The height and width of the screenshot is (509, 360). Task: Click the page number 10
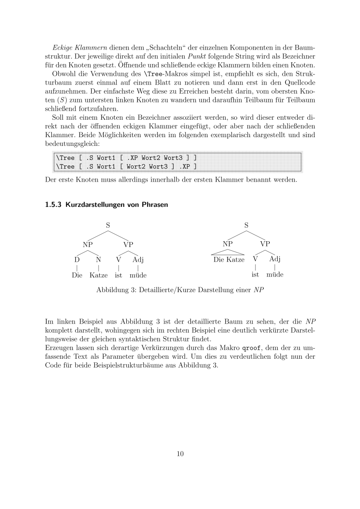pos(180,454)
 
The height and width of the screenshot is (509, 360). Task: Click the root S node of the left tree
pos(108,226)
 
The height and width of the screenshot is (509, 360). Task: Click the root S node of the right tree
pos(246,226)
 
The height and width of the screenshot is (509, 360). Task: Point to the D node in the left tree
pos(77,260)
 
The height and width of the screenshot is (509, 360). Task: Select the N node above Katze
pos(99,260)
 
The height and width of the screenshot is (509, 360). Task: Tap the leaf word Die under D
pos(77,275)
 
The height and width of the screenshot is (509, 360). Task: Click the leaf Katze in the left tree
pos(98,275)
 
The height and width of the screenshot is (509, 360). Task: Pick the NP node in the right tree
pos(228,244)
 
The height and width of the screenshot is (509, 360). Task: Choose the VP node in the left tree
pos(128,244)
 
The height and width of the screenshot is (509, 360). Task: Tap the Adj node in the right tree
pos(275,259)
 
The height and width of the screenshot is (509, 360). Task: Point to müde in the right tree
pos(275,275)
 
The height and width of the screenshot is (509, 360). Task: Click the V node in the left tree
pos(118,260)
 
